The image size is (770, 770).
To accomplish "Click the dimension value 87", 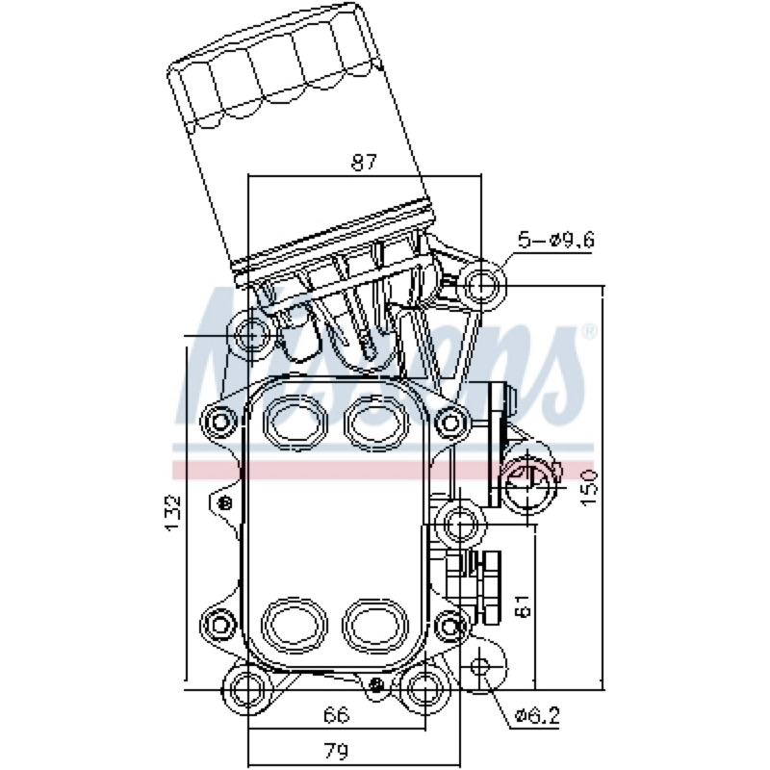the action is [364, 163].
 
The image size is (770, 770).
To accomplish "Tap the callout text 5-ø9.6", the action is [556, 240].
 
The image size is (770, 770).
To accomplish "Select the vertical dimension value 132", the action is [173, 513].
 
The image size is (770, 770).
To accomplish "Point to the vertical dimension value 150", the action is [588, 487].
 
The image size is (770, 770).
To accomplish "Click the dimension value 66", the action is [337, 714].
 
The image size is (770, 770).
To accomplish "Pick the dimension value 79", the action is [337, 751].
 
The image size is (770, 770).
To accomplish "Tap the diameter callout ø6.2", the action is [537, 716].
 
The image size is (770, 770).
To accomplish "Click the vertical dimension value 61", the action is [524, 605].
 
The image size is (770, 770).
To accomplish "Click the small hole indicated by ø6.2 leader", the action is [479, 666].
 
